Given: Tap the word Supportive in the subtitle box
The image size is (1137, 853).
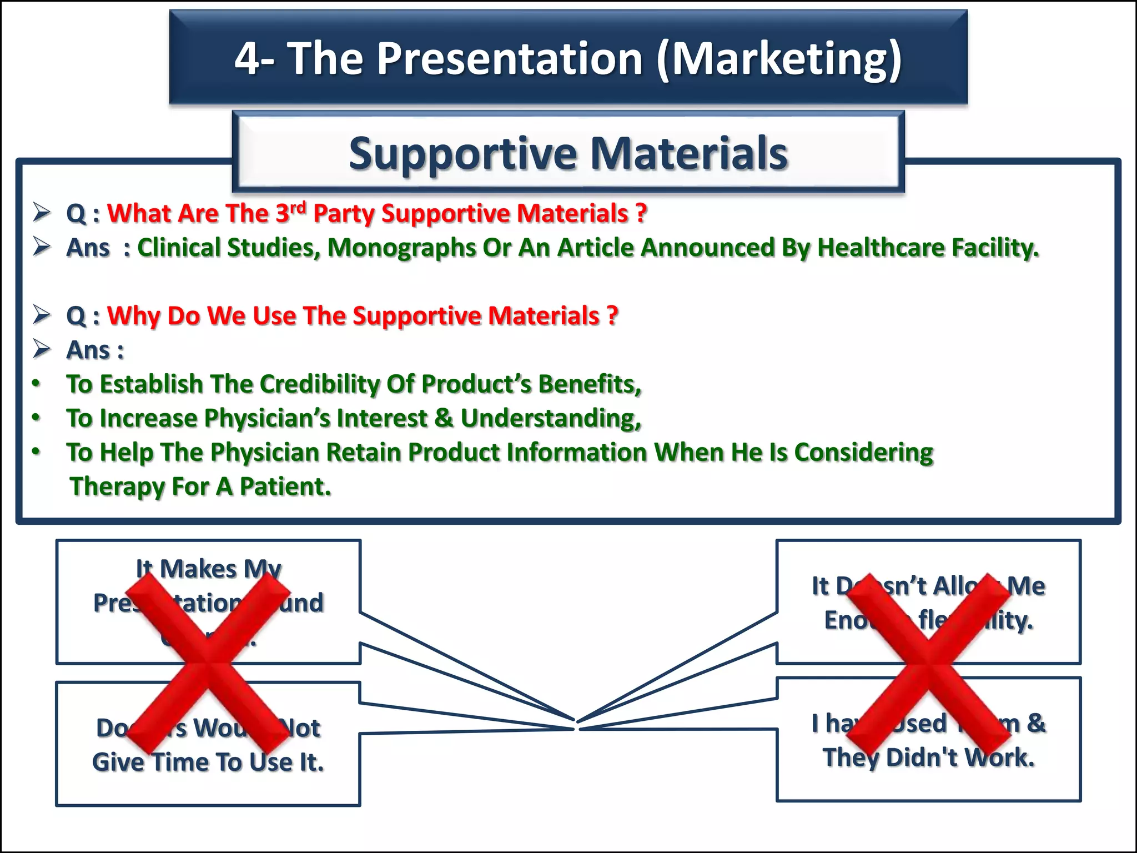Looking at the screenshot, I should click(464, 153).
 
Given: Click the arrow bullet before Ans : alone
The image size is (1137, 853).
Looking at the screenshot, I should click(42, 349).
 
